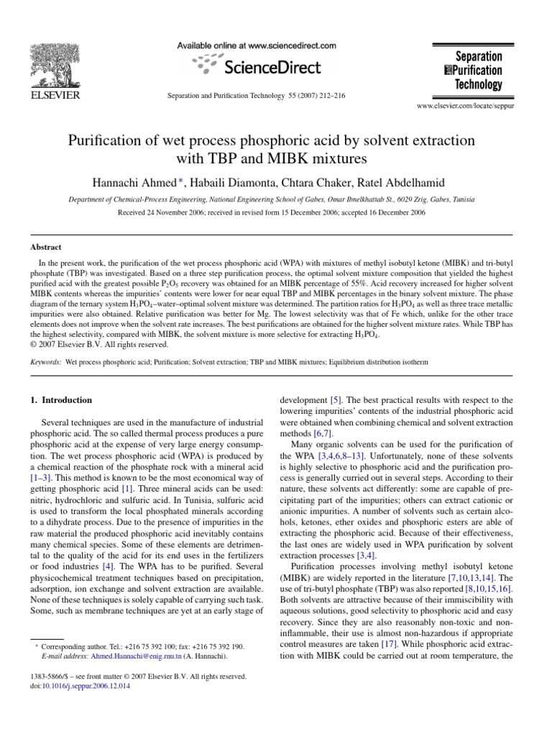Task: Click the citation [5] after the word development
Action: tap(336, 399)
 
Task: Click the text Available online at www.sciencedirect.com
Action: tap(257, 45)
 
